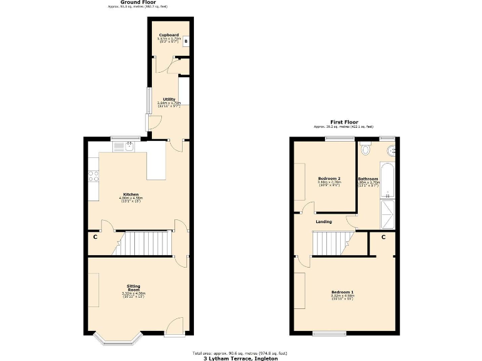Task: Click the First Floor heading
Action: click(343, 122)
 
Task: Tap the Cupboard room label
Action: click(169, 35)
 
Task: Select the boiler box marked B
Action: click(186, 41)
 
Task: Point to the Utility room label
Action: click(169, 99)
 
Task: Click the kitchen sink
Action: click(122, 147)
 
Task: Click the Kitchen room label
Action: click(131, 194)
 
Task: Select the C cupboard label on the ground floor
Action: click(95, 237)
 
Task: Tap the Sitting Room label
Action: click(133, 289)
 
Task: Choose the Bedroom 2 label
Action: click(329, 179)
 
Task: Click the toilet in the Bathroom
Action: click(367, 150)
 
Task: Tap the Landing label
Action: click(324, 222)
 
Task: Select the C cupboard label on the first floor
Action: click(383, 238)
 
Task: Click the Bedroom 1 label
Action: click(343, 293)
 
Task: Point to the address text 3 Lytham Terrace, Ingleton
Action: click(240, 359)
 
